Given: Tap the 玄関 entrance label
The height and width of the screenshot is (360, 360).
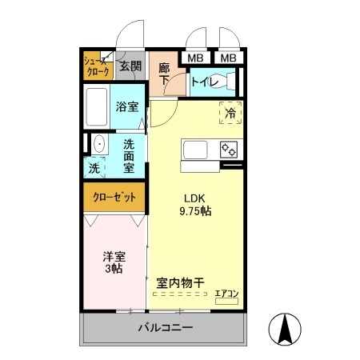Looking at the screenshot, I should [130, 66].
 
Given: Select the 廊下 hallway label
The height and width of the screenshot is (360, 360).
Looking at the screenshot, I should [164, 74].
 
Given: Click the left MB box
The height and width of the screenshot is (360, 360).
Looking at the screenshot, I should [195, 58].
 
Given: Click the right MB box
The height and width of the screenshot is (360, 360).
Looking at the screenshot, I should [229, 58].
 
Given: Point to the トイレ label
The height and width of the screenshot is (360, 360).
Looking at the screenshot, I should [204, 81].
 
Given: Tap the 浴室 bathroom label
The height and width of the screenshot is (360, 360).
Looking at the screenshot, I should [127, 106].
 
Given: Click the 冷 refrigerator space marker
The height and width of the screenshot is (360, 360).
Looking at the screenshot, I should [230, 114].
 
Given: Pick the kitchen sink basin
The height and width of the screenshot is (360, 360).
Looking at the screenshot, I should [196, 150].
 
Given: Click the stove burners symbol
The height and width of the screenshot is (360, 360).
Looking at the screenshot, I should [230, 150].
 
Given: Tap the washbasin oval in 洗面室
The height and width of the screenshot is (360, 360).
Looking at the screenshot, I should [99, 145].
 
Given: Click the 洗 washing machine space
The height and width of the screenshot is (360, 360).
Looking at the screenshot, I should [94, 169].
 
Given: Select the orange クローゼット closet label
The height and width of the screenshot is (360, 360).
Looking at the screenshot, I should [114, 196].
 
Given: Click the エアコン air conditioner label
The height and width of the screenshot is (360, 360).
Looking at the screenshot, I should [226, 294].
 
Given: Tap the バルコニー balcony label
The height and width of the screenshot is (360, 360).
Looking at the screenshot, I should [165, 328].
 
